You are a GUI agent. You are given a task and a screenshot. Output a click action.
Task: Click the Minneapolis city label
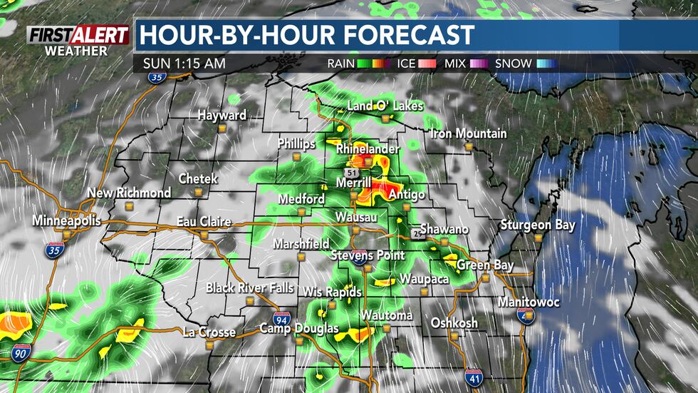pos(65,221)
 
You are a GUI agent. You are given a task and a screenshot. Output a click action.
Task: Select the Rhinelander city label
pos(368,149)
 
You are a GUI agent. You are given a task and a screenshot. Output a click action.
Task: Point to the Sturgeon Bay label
pos(537,225)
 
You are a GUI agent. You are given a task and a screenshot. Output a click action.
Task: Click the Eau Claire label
pos(204,222)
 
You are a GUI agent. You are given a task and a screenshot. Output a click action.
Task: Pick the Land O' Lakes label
pos(385,106)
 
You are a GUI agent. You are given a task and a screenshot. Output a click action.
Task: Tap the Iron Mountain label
pos(469,133)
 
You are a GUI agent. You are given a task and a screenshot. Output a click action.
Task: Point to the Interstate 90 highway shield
pos(21,351)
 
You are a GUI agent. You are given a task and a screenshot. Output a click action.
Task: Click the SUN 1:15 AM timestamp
pos(184,63)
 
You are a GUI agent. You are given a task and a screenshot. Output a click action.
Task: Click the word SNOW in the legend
pos(514,63)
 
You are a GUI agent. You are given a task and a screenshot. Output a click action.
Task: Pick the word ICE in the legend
pos(406,63)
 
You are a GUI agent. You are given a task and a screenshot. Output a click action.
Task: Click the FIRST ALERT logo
pos(78,36)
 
